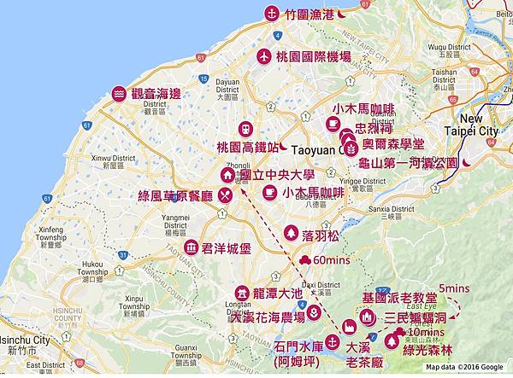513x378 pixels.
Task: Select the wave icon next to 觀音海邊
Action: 119,94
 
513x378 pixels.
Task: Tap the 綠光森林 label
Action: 439,339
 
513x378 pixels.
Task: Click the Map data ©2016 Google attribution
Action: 467,368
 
